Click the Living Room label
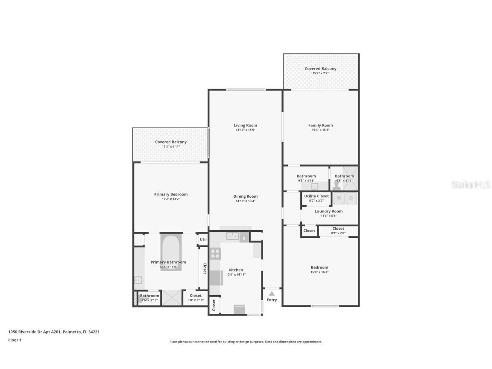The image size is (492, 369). click(x=245, y=125)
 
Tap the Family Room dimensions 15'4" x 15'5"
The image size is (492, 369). click(x=320, y=130)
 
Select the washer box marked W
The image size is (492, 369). click(x=339, y=198)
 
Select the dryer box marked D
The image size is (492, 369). click(x=351, y=198)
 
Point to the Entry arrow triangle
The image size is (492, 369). click(x=272, y=293)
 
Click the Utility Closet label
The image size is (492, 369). click(x=316, y=196)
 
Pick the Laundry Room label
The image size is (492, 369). click(x=328, y=211)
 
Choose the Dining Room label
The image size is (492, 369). click(x=245, y=196)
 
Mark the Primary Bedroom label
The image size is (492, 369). click(x=171, y=194)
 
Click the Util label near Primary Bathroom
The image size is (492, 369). click(x=203, y=239)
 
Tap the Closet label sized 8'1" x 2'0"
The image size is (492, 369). click(x=338, y=228)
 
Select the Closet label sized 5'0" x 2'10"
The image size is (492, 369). click(x=196, y=296)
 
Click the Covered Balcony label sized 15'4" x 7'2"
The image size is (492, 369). click(x=320, y=69)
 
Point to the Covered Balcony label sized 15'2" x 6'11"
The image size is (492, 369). click(x=171, y=142)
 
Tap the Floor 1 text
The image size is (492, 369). click(x=15, y=340)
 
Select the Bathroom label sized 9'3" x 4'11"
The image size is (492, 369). click(x=306, y=176)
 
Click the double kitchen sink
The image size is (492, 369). click(x=233, y=236)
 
